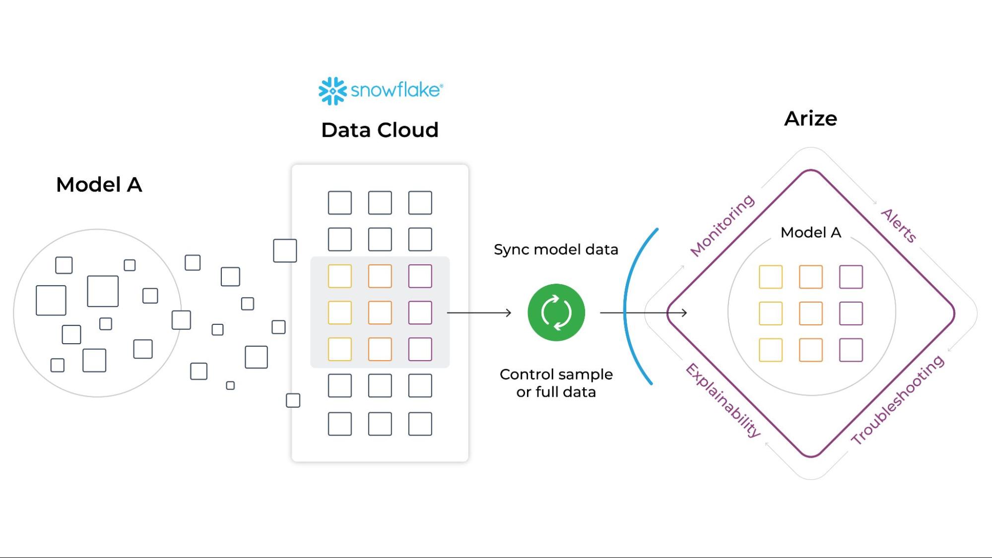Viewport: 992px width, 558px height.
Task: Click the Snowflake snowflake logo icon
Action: tap(332, 91)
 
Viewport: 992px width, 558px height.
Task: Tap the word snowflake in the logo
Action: tap(396, 90)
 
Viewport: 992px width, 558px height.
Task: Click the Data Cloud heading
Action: tap(380, 130)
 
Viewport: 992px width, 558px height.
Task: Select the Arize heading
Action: tap(810, 119)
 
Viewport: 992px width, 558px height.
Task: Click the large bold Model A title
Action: tap(99, 185)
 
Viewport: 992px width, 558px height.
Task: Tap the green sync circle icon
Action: tap(556, 312)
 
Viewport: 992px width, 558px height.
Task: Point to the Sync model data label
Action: tap(556, 249)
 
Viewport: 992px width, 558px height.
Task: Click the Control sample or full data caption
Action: tap(556, 383)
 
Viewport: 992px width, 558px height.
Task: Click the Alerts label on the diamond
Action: tap(899, 226)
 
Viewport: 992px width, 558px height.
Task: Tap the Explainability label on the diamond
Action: tap(723, 400)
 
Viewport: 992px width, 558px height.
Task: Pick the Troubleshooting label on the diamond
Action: tap(898, 400)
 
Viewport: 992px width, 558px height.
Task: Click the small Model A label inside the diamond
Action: tap(811, 232)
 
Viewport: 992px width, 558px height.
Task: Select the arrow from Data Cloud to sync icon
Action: tap(479, 312)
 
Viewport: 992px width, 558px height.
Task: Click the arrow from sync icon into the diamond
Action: tap(644, 312)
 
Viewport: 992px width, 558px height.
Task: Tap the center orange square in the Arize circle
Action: tap(811, 313)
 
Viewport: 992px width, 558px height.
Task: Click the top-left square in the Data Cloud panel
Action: tap(340, 203)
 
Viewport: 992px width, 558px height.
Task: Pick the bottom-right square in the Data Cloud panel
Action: tap(420, 424)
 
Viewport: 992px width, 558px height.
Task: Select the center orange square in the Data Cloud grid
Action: tap(380, 312)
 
